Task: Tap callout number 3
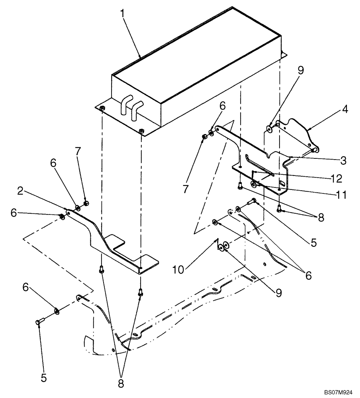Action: (343, 161)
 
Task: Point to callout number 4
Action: (345, 109)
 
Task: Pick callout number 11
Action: (340, 195)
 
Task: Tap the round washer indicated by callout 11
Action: (254, 184)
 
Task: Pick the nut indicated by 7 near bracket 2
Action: (86, 204)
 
